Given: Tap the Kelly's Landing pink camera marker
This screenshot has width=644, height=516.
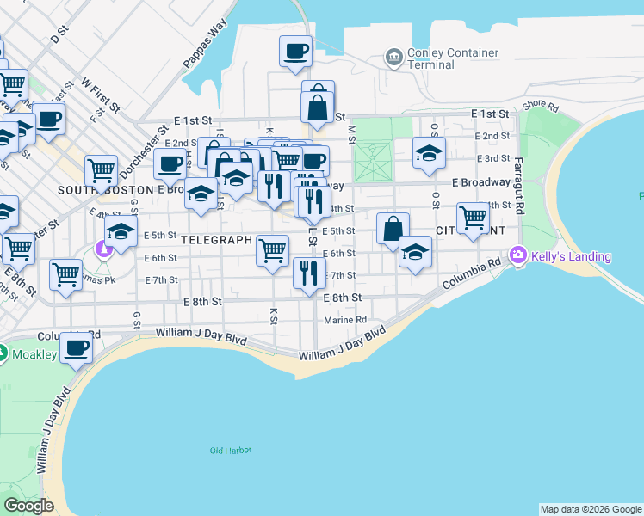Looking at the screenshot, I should coord(517,255).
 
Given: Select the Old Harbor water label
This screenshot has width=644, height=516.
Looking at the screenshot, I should coord(228,450).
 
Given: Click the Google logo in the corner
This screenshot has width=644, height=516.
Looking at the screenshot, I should coord(28,506).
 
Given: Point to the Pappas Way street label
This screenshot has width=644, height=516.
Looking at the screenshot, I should coord(205,53).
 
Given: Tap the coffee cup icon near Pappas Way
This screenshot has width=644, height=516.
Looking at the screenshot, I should coord(295,51).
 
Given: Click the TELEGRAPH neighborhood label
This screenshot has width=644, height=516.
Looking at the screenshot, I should coord(217,240).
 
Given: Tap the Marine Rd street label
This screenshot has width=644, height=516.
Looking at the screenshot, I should coord(345,321).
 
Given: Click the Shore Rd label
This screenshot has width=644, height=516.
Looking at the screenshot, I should coord(541,107).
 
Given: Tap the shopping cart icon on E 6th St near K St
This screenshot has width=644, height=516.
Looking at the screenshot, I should coord(272,251).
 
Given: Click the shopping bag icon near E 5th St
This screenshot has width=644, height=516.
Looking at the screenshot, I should coord(393,229).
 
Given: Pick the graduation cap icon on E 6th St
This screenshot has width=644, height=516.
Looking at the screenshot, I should coord(415,252).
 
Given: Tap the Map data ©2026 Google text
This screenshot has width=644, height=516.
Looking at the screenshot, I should coord(591,509).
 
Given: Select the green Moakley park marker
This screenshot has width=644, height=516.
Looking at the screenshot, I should coord(3,353).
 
